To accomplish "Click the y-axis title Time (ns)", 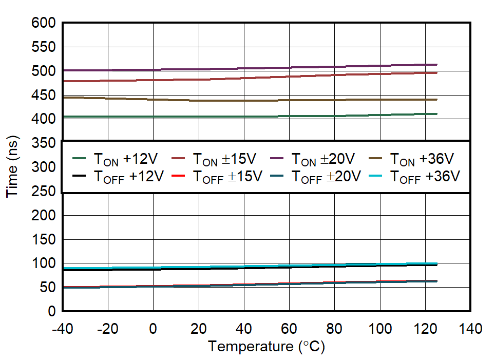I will [12, 167].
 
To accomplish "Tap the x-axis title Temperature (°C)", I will [266, 347].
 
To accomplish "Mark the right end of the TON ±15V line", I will [436, 73].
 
